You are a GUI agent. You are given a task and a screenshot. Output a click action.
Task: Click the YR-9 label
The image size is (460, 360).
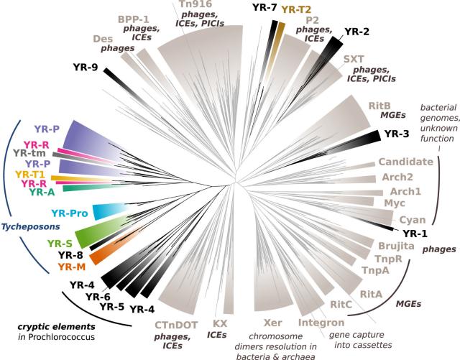(87, 68)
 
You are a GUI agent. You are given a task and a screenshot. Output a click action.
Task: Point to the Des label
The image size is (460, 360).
(105, 40)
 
